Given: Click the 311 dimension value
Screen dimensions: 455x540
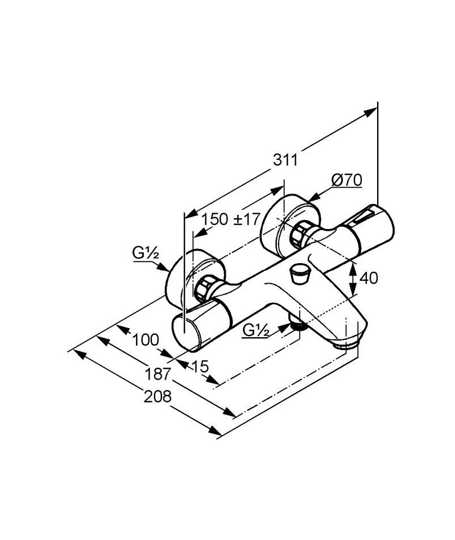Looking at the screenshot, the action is point(285,160).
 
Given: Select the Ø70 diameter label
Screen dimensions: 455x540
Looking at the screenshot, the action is point(347,180).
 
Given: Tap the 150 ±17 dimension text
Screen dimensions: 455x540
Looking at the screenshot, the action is point(230,219).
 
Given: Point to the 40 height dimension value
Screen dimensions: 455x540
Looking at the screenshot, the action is point(369,277).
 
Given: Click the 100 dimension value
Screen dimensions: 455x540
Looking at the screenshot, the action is point(146,340).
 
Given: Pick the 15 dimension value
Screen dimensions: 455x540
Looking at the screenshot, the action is point(200,366).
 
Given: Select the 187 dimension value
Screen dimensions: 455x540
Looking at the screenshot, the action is point(158,374).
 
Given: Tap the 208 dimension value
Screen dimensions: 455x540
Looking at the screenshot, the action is point(158,397).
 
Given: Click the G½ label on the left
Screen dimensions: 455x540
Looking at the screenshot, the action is point(146,254).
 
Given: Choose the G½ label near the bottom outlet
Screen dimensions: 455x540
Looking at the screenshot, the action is point(256,331).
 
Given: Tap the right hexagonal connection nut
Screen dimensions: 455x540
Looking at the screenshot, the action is point(300,235).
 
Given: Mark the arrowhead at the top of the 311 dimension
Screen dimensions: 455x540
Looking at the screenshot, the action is point(371,113).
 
